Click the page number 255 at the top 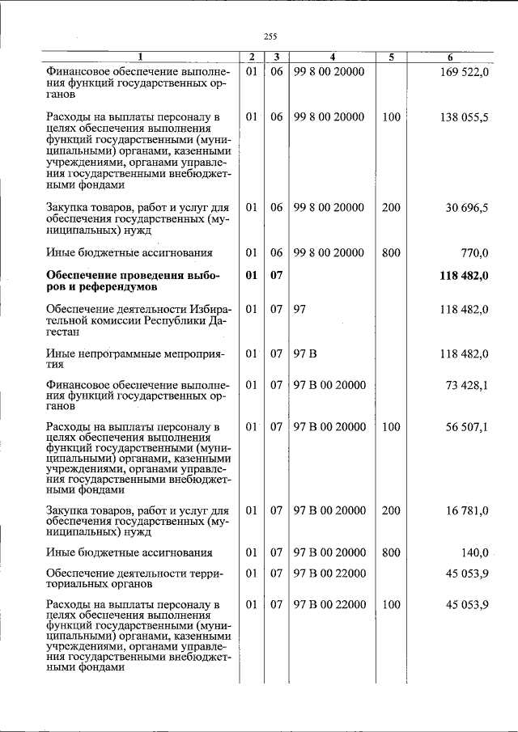pyautogui.click(x=270, y=36)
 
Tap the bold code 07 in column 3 pyautogui.click(x=276, y=277)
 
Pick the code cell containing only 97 pyautogui.click(x=299, y=310)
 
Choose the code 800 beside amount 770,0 pyautogui.click(x=391, y=253)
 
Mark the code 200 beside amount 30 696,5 pyautogui.click(x=391, y=208)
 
